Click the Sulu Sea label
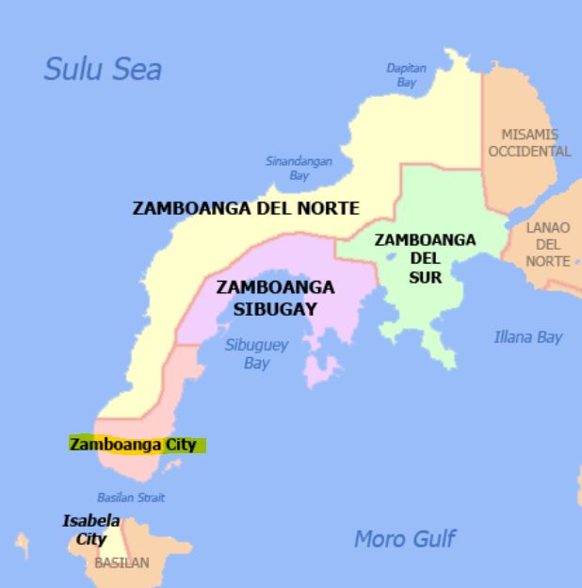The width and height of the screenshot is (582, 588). [104, 69]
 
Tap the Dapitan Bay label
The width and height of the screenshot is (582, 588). [406, 75]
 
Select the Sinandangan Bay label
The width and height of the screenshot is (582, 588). [299, 169]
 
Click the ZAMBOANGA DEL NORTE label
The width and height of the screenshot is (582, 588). [246, 208]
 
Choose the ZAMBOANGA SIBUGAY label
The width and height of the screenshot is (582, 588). [275, 298]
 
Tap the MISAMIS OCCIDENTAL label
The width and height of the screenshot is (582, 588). [529, 143]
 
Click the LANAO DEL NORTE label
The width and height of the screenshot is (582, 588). [547, 244]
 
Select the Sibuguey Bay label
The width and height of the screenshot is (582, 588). [256, 353]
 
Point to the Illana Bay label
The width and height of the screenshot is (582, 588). [527, 336]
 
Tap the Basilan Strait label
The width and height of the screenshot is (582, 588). [131, 498]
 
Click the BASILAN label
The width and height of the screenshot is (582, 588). [121, 563]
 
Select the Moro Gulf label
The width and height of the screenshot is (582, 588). [404, 539]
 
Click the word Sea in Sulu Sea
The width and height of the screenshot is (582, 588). [137, 69]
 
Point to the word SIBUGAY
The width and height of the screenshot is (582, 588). [275, 308]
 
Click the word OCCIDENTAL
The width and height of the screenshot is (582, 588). [529, 151]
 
